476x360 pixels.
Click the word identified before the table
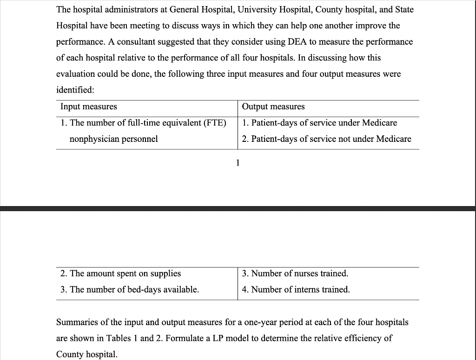pos(75,90)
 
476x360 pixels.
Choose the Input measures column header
pos(89,107)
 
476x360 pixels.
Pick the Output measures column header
pos(273,107)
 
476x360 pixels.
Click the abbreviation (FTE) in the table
pos(212,123)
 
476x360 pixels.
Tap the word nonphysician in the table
pos(92,139)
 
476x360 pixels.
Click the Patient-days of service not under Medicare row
pos(326,139)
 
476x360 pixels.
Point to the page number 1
pos(238,162)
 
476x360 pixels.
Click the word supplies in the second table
pos(165,273)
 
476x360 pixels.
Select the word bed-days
pos(142,289)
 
